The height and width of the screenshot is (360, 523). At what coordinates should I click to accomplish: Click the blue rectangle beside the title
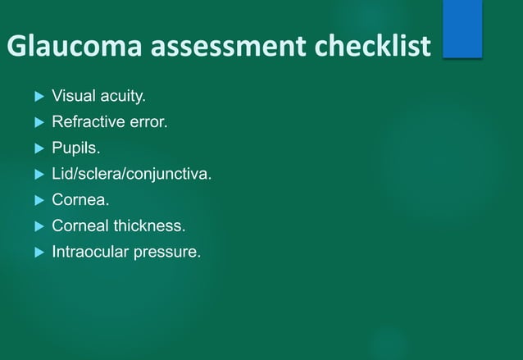tap(462, 29)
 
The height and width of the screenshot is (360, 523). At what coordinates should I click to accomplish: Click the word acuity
tap(123, 97)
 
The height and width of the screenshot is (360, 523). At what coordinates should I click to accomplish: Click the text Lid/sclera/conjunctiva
tap(131, 174)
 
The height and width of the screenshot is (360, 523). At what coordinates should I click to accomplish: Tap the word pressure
tap(170, 251)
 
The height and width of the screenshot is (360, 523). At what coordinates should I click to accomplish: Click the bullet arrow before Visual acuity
tap(38, 98)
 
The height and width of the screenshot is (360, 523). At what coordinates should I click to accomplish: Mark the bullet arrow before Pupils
tap(38, 149)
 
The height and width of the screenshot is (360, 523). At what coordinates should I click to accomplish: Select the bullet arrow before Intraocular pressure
tap(38, 252)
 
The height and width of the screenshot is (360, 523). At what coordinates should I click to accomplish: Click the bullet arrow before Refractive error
tap(38, 124)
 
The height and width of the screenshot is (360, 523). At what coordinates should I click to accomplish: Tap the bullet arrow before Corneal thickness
tap(38, 226)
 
